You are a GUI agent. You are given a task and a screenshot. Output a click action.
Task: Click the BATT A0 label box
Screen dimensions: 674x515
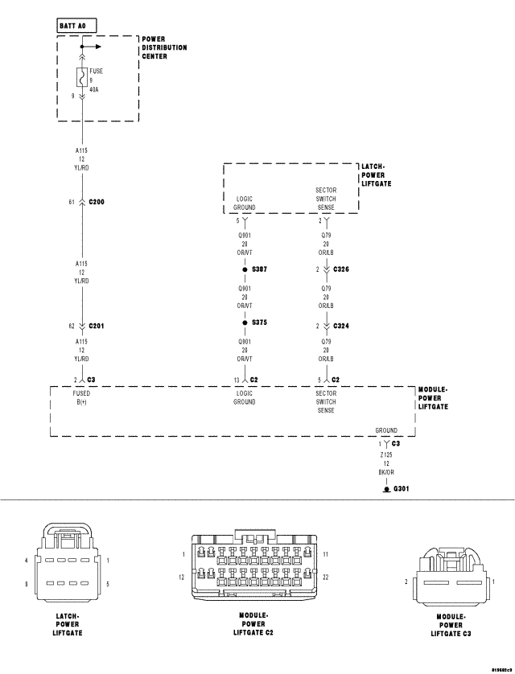coord(76,26)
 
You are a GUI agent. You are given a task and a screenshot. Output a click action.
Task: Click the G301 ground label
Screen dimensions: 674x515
coord(402,488)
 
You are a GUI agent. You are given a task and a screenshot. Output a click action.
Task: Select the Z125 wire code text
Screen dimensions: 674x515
coord(385,454)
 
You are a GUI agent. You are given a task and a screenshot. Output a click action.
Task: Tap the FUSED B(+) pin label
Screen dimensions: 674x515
coord(82,397)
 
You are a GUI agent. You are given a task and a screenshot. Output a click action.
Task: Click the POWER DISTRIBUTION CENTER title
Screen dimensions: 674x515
coord(164,47)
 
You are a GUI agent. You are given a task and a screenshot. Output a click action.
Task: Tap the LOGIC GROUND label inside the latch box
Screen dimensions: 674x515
coord(245,203)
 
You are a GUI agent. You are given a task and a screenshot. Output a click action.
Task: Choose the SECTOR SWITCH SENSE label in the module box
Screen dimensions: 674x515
coord(325,401)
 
